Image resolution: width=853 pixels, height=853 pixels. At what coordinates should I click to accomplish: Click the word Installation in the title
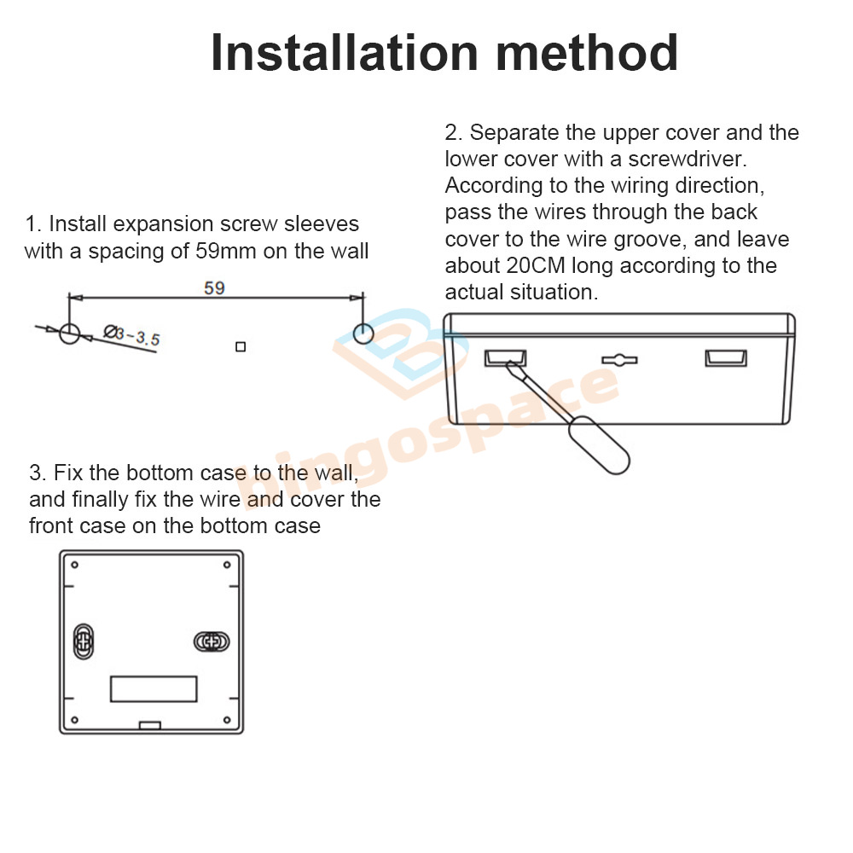pyautogui.click(x=345, y=53)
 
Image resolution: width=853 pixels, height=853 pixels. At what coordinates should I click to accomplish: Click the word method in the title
pyautogui.click(x=587, y=53)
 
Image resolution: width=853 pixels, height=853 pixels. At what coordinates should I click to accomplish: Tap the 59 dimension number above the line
pyautogui.click(x=214, y=287)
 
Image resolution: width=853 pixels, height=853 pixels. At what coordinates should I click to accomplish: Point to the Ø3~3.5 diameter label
pyautogui.click(x=131, y=335)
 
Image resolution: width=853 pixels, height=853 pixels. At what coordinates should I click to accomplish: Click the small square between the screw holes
pyautogui.click(x=241, y=346)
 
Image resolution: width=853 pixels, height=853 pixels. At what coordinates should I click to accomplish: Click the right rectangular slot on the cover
pyautogui.click(x=726, y=358)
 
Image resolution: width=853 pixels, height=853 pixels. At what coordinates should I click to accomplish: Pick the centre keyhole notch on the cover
pyautogui.click(x=619, y=360)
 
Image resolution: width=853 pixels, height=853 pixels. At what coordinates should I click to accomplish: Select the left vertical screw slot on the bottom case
pyautogui.click(x=84, y=641)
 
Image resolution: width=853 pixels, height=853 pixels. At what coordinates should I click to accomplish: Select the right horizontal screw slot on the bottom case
pyautogui.click(x=212, y=642)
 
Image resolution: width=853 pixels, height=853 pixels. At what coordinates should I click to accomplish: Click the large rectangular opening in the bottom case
pyautogui.click(x=154, y=688)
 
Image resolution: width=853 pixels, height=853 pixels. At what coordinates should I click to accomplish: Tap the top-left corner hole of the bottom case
pyautogui.click(x=74, y=565)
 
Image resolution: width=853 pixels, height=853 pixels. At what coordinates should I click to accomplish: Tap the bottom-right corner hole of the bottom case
pyautogui.click(x=228, y=720)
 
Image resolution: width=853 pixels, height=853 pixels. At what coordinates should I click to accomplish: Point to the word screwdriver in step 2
pyautogui.click(x=688, y=159)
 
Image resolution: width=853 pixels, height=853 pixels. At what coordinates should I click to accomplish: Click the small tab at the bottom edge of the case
pyautogui.click(x=150, y=725)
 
